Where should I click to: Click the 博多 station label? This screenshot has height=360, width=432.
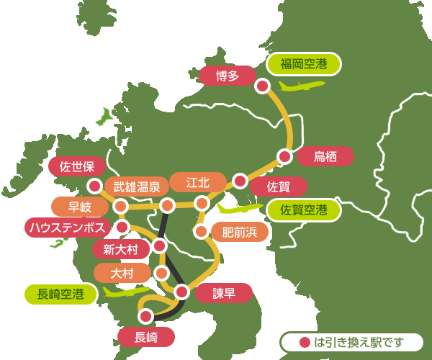226,76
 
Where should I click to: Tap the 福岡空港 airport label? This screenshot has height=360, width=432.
304,64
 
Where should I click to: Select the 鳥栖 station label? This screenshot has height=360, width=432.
325,156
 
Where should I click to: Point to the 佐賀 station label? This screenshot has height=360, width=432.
278,187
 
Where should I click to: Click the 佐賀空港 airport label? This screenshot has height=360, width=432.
304,210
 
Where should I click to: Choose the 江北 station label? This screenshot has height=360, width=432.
197,182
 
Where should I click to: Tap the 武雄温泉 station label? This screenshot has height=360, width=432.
137,186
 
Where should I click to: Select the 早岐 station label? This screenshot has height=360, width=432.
80,207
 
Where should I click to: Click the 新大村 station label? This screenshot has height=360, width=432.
121,249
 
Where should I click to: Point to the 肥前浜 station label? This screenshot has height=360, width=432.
239,232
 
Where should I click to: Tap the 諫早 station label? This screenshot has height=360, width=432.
224,293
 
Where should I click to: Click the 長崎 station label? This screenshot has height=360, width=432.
145,336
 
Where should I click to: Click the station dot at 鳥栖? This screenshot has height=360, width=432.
285,156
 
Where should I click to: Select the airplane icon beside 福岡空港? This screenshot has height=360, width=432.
301,86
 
